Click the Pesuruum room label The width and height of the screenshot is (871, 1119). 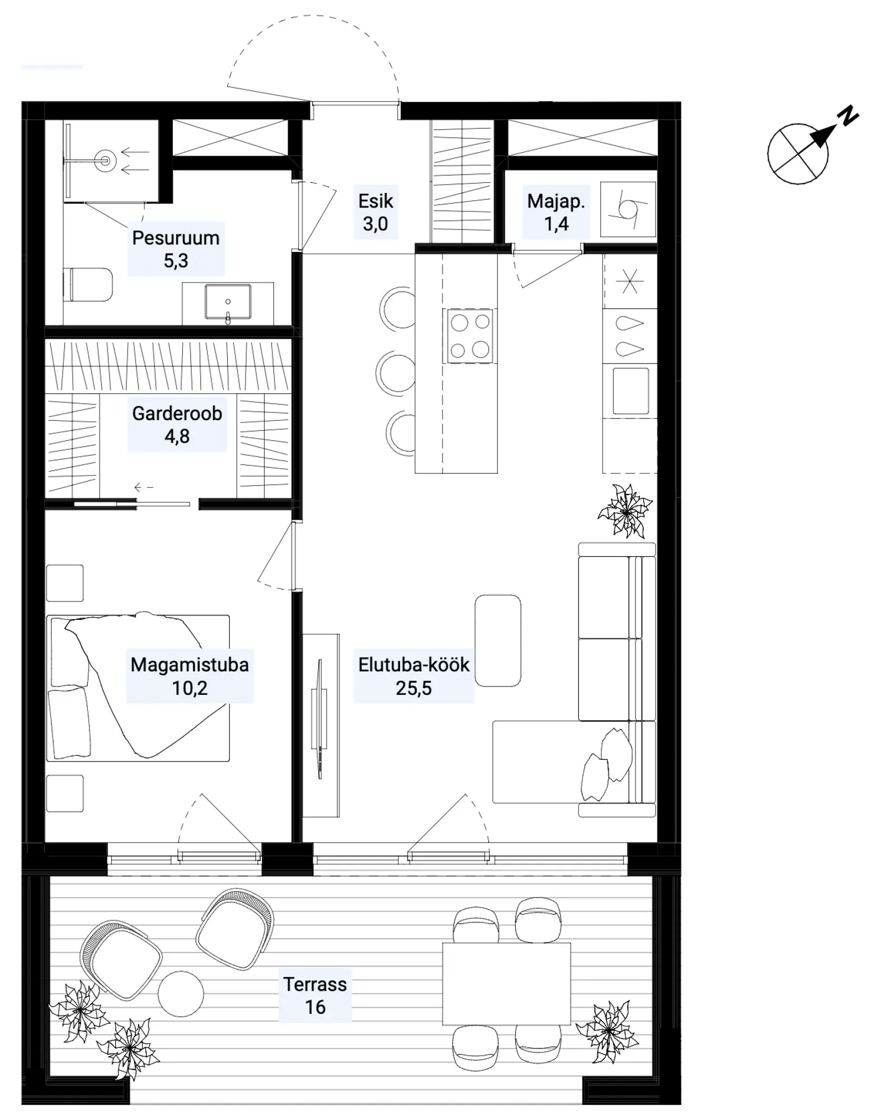pyautogui.click(x=176, y=238)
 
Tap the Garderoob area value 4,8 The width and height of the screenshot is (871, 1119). pyautogui.click(x=177, y=436)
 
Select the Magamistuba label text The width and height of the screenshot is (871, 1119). pyautogui.click(x=190, y=665)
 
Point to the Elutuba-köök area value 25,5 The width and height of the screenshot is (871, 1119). pyautogui.click(x=413, y=688)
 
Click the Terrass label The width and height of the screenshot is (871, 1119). pyautogui.click(x=315, y=984)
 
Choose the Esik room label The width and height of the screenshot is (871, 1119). pyautogui.click(x=376, y=201)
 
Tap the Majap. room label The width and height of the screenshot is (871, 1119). pyautogui.click(x=556, y=201)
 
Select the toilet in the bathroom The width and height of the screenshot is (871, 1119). pyautogui.click(x=88, y=285)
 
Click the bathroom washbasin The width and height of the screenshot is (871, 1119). pyautogui.click(x=228, y=303)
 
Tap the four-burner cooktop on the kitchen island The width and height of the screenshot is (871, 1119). pyautogui.click(x=469, y=336)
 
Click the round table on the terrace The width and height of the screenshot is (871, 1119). pyautogui.click(x=181, y=994)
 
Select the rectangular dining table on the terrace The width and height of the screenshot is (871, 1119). pyautogui.click(x=506, y=984)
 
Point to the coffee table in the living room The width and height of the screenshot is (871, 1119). pyautogui.click(x=497, y=641)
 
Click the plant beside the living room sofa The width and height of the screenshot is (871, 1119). pyautogui.click(x=625, y=510)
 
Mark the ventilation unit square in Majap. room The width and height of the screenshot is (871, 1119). pyautogui.click(x=628, y=209)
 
